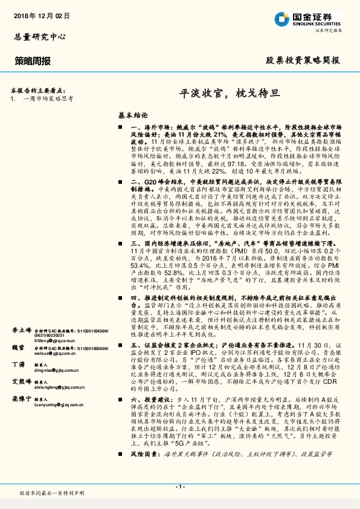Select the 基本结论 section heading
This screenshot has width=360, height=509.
click(x=133, y=114)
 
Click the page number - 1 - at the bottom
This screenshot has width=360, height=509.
click(x=179, y=487)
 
